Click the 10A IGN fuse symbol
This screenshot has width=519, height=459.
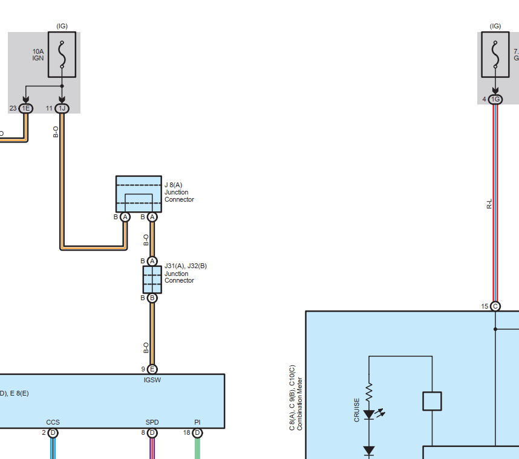point(62,54)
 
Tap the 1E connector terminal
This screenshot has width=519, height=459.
point(25,109)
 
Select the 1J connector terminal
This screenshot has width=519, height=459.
point(62,109)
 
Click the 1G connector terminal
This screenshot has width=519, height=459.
point(495,99)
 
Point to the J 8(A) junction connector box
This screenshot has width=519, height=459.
point(139,194)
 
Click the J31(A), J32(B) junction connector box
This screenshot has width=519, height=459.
point(152,280)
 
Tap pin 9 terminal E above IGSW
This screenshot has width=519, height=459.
point(152,370)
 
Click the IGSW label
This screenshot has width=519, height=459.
point(152,380)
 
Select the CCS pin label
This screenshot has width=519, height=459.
point(53,423)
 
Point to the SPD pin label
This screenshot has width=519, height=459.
point(152,423)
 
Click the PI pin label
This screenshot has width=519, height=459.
point(197,423)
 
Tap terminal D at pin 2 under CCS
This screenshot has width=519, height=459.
point(53,432)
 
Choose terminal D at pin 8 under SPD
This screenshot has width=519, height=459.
point(152,432)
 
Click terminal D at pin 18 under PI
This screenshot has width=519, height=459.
point(197,432)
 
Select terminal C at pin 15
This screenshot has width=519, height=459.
point(495,306)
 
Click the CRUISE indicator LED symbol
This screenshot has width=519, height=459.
point(369,415)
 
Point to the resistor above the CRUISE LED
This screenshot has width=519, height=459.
point(369,393)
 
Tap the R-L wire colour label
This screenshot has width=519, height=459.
point(489,204)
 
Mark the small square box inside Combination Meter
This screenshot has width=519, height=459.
point(432,401)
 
